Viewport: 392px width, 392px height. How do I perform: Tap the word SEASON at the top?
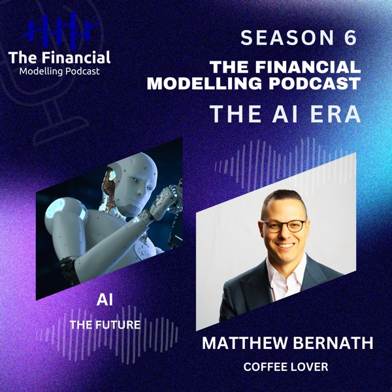coord(287,38)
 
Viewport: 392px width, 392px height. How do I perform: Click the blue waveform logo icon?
coord(61,30)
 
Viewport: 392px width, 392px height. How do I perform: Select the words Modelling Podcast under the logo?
coord(59,71)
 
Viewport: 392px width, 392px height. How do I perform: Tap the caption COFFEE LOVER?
coord(286,367)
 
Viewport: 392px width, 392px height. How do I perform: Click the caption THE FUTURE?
coord(105,325)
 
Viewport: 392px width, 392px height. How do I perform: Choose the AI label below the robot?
coord(105,301)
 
